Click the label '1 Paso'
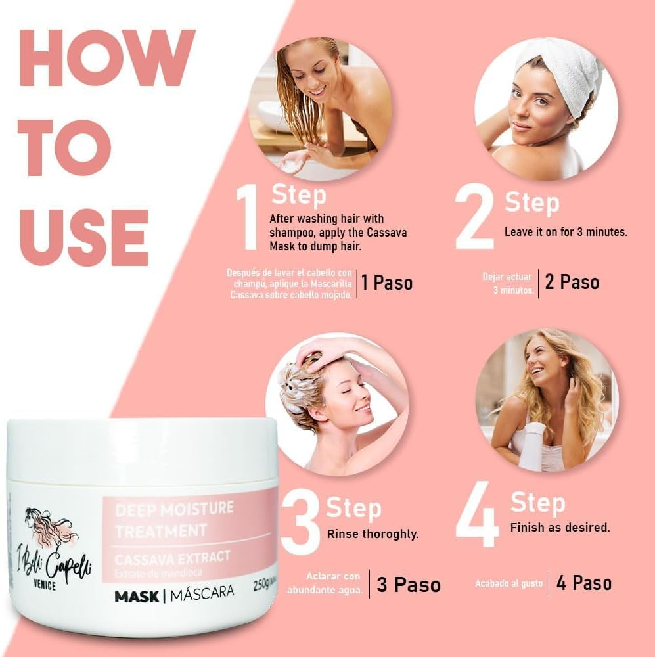click(x=387, y=283)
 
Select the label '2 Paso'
click(x=572, y=283)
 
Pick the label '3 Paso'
click(x=408, y=585)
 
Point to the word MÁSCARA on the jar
click(x=203, y=593)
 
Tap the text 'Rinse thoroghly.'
click(x=373, y=534)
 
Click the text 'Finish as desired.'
click(x=560, y=527)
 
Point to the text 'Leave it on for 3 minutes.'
click(x=566, y=232)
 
